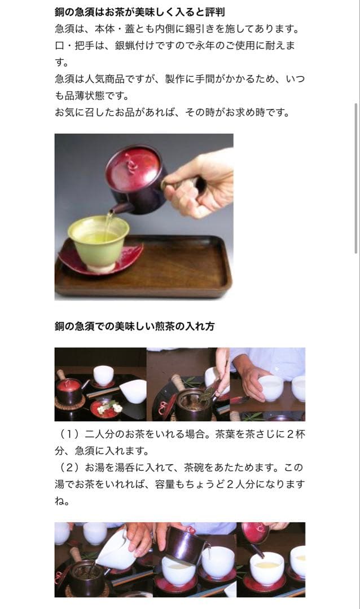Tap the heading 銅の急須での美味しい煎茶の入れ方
134,326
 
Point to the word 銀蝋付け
146,45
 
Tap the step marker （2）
69,468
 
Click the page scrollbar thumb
355,178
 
